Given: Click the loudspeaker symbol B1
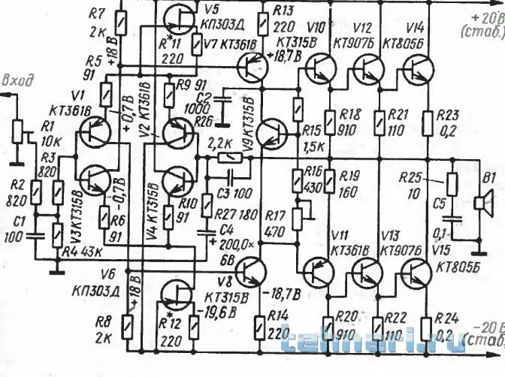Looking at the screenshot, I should click(482, 201).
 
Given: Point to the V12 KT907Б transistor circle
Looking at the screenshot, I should click(368, 71).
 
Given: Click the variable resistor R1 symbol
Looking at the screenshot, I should click(18, 132).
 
